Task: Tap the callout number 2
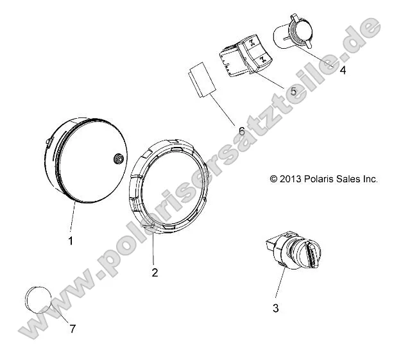point(154,272)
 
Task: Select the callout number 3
point(276,309)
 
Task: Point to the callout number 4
point(343,71)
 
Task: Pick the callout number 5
point(293,91)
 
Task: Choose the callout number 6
point(241,131)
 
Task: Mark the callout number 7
point(73,329)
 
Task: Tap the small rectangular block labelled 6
point(201,80)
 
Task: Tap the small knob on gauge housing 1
point(119,159)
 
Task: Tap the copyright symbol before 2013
point(273,180)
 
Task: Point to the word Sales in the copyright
point(350,180)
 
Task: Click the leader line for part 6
point(225,112)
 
